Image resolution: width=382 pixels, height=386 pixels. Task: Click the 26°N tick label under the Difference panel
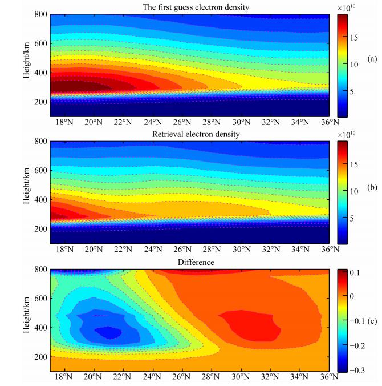click(181, 379)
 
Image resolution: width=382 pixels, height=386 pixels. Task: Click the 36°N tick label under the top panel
click(329, 122)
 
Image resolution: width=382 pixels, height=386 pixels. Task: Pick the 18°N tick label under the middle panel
click(64, 250)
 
